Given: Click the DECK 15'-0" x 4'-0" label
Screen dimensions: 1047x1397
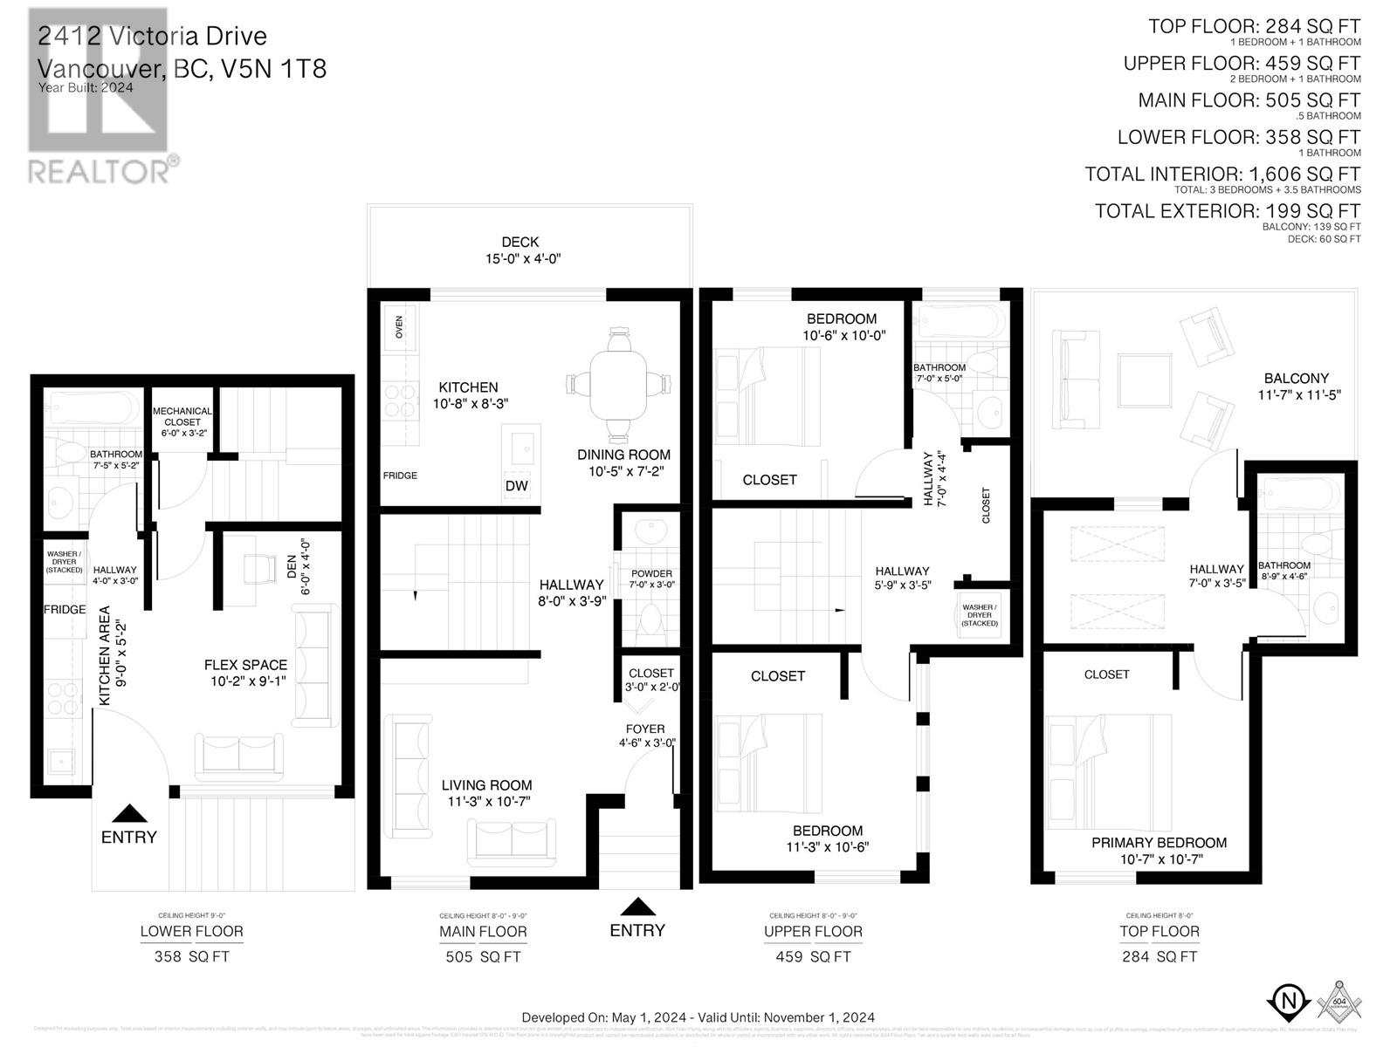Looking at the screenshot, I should pyautogui.click(x=520, y=250).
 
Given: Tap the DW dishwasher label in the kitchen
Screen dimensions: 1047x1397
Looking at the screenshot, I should pyautogui.click(x=517, y=486).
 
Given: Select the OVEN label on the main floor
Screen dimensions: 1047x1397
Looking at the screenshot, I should pyautogui.click(x=400, y=327).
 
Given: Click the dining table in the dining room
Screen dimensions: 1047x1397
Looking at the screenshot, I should pyautogui.click(x=619, y=385).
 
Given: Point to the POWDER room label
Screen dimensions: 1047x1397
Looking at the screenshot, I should pyautogui.click(x=651, y=578).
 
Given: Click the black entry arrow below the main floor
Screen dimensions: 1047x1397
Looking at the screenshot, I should pyautogui.click(x=638, y=907).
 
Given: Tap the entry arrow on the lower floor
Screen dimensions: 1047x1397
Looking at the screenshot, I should pyautogui.click(x=130, y=813).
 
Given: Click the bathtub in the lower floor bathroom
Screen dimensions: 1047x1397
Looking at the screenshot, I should pyautogui.click(x=92, y=408).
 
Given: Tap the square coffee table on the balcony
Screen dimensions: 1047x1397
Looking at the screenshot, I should pyautogui.click(x=1145, y=381).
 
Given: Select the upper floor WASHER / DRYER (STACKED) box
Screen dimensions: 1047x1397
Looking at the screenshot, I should pyautogui.click(x=979, y=615).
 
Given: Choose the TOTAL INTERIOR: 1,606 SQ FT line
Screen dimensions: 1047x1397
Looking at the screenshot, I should pyautogui.click(x=1222, y=174).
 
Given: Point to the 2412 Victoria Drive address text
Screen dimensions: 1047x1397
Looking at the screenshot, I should pyautogui.click(x=153, y=37).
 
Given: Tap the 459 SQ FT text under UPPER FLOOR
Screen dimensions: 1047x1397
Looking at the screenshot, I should pyautogui.click(x=813, y=956).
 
